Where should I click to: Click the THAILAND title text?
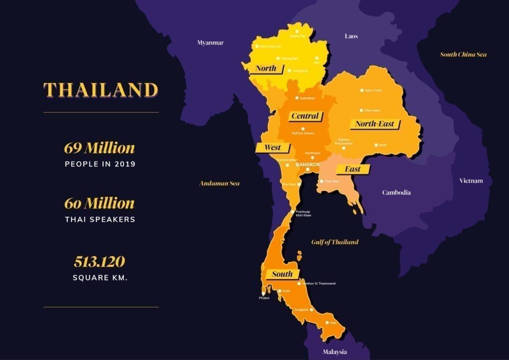click(x=100, y=90)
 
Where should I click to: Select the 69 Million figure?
click(x=99, y=148)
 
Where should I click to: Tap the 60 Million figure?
click(x=99, y=203)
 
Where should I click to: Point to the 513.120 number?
click(x=99, y=262)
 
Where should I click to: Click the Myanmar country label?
click(x=210, y=43)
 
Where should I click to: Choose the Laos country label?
click(x=351, y=36)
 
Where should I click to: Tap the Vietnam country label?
click(x=471, y=180)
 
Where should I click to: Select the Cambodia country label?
click(x=396, y=192)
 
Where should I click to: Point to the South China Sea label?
click(x=463, y=55)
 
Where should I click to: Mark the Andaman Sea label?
click(x=219, y=183)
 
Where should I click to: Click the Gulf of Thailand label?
click(x=335, y=242)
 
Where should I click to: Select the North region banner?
click(x=265, y=69)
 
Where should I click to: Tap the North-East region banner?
click(x=375, y=124)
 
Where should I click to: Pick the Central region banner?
click(x=305, y=116)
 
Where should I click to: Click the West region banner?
click(x=272, y=148)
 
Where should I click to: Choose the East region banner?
click(x=352, y=170)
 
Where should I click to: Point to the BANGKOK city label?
click(x=308, y=164)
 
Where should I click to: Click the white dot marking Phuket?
click(x=263, y=293)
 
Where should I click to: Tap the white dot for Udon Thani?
click(x=362, y=90)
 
